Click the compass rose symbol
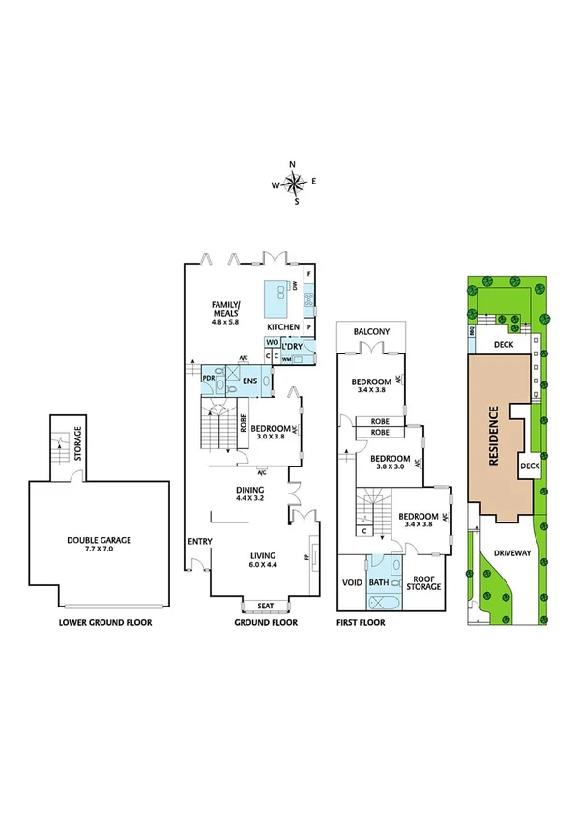click(x=295, y=182)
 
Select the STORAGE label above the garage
click(x=77, y=447)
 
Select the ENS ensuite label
click(x=249, y=381)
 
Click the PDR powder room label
click(x=208, y=378)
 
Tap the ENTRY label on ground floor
click(x=199, y=541)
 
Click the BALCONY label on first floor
click(x=371, y=332)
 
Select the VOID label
click(x=352, y=583)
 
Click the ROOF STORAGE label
click(x=423, y=582)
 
